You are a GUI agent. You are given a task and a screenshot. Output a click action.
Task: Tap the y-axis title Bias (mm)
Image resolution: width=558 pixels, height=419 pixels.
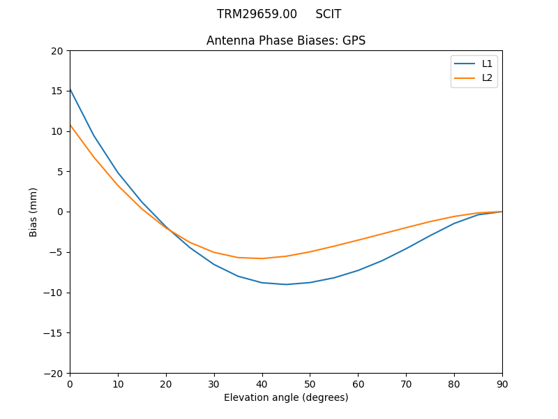click(33, 212)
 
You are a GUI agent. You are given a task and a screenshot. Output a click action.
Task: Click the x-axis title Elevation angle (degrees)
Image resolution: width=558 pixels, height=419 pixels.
click(286, 397)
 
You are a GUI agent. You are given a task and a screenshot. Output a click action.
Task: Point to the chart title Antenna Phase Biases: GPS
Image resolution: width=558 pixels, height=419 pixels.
click(286, 41)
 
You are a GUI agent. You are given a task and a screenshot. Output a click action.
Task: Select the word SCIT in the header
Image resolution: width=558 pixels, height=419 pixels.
click(329, 14)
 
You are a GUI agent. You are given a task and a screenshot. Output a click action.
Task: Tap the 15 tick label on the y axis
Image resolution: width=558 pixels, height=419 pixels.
click(57, 91)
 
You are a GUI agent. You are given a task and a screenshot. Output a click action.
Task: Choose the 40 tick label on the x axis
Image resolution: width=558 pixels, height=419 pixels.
click(262, 383)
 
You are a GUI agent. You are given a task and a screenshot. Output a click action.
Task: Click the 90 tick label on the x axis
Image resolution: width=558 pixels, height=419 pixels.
click(502, 383)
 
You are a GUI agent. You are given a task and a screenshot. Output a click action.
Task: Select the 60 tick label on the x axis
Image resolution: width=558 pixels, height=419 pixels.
click(358, 383)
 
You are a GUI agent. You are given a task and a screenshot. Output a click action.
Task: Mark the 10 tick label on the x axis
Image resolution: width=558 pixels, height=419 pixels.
click(118, 383)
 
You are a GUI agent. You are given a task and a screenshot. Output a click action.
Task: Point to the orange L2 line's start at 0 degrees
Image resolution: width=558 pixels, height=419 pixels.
click(70, 125)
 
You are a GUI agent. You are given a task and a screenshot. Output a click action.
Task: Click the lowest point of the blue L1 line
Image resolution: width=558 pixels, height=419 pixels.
click(286, 284)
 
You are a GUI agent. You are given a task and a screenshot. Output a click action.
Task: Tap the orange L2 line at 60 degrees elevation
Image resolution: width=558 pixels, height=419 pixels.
click(358, 240)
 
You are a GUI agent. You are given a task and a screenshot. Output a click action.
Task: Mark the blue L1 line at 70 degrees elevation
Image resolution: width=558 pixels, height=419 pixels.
click(406, 249)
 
